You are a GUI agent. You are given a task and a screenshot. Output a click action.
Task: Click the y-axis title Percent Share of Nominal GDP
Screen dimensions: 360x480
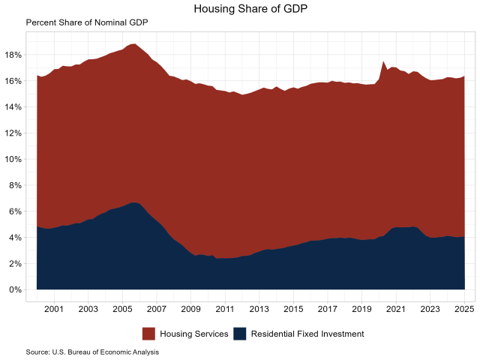(87, 22)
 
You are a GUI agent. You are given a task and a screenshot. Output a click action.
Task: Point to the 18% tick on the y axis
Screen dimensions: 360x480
(13, 55)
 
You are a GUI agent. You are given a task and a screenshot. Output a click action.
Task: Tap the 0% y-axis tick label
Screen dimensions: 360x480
(16, 290)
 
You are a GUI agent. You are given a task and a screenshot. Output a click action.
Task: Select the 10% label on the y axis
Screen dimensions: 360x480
(13, 160)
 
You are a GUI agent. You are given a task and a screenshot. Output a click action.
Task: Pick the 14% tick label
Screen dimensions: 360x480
(13, 107)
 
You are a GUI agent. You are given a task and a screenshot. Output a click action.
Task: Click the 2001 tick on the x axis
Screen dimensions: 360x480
(53, 308)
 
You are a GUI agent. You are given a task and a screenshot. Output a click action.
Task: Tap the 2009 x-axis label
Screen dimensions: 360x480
(190, 308)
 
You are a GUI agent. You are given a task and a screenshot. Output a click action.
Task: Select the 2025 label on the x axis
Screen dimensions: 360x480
(464, 308)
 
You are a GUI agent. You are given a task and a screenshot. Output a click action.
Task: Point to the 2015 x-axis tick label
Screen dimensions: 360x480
(293, 308)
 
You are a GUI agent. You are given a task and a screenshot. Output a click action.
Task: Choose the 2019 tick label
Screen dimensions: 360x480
(361, 308)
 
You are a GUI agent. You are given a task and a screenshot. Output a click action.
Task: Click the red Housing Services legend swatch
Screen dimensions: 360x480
(148, 334)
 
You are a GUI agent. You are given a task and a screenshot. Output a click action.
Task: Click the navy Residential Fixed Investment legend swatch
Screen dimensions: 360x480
(241, 334)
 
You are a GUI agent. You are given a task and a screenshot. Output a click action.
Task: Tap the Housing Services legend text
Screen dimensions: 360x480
(193, 334)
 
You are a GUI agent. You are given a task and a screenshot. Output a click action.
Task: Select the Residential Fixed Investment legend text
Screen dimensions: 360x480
(308, 334)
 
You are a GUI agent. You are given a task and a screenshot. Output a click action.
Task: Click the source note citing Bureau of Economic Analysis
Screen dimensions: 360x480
(92, 352)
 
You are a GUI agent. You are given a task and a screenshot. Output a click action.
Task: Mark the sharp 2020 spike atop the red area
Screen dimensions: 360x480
(383, 61)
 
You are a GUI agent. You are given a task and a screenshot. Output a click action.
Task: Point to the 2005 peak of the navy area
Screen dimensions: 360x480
(133, 202)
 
